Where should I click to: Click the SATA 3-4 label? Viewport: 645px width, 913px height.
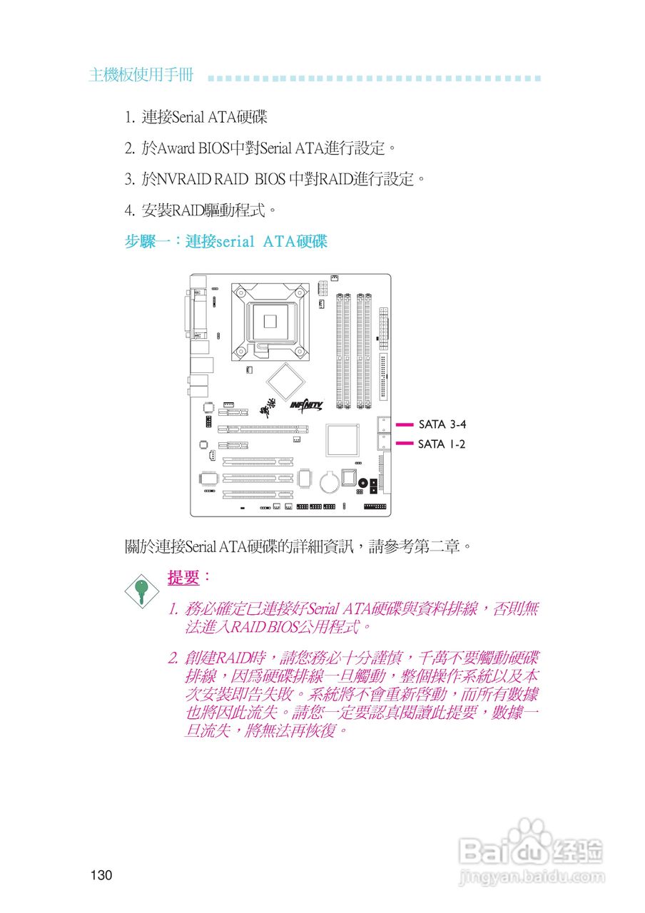click(x=442, y=424)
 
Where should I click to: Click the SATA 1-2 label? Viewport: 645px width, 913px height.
click(x=442, y=444)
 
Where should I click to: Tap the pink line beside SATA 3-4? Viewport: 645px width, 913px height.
click(x=405, y=424)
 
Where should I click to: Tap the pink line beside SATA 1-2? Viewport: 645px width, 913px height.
click(x=405, y=444)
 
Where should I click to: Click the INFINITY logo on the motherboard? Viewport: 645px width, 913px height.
click(x=307, y=405)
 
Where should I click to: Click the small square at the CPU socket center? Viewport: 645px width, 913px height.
click(x=270, y=321)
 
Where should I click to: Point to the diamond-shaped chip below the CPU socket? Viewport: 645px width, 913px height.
click(x=285, y=381)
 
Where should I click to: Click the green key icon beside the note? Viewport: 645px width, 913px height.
click(x=142, y=589)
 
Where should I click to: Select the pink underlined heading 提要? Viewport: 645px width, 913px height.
click(x=183, y=577)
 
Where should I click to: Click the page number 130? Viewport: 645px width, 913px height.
click(x=101, y=875)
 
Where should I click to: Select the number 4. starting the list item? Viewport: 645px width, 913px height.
click(x=130, y=210)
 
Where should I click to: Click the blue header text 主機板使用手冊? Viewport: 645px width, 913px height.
click(x=141, y=76)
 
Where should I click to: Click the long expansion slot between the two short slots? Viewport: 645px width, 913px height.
click(x=263, y=429)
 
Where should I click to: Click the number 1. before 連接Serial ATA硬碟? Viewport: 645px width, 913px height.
click(x=130, y=117)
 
